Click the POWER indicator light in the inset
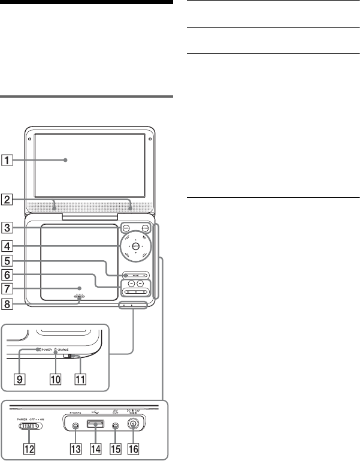tap(38, 349)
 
